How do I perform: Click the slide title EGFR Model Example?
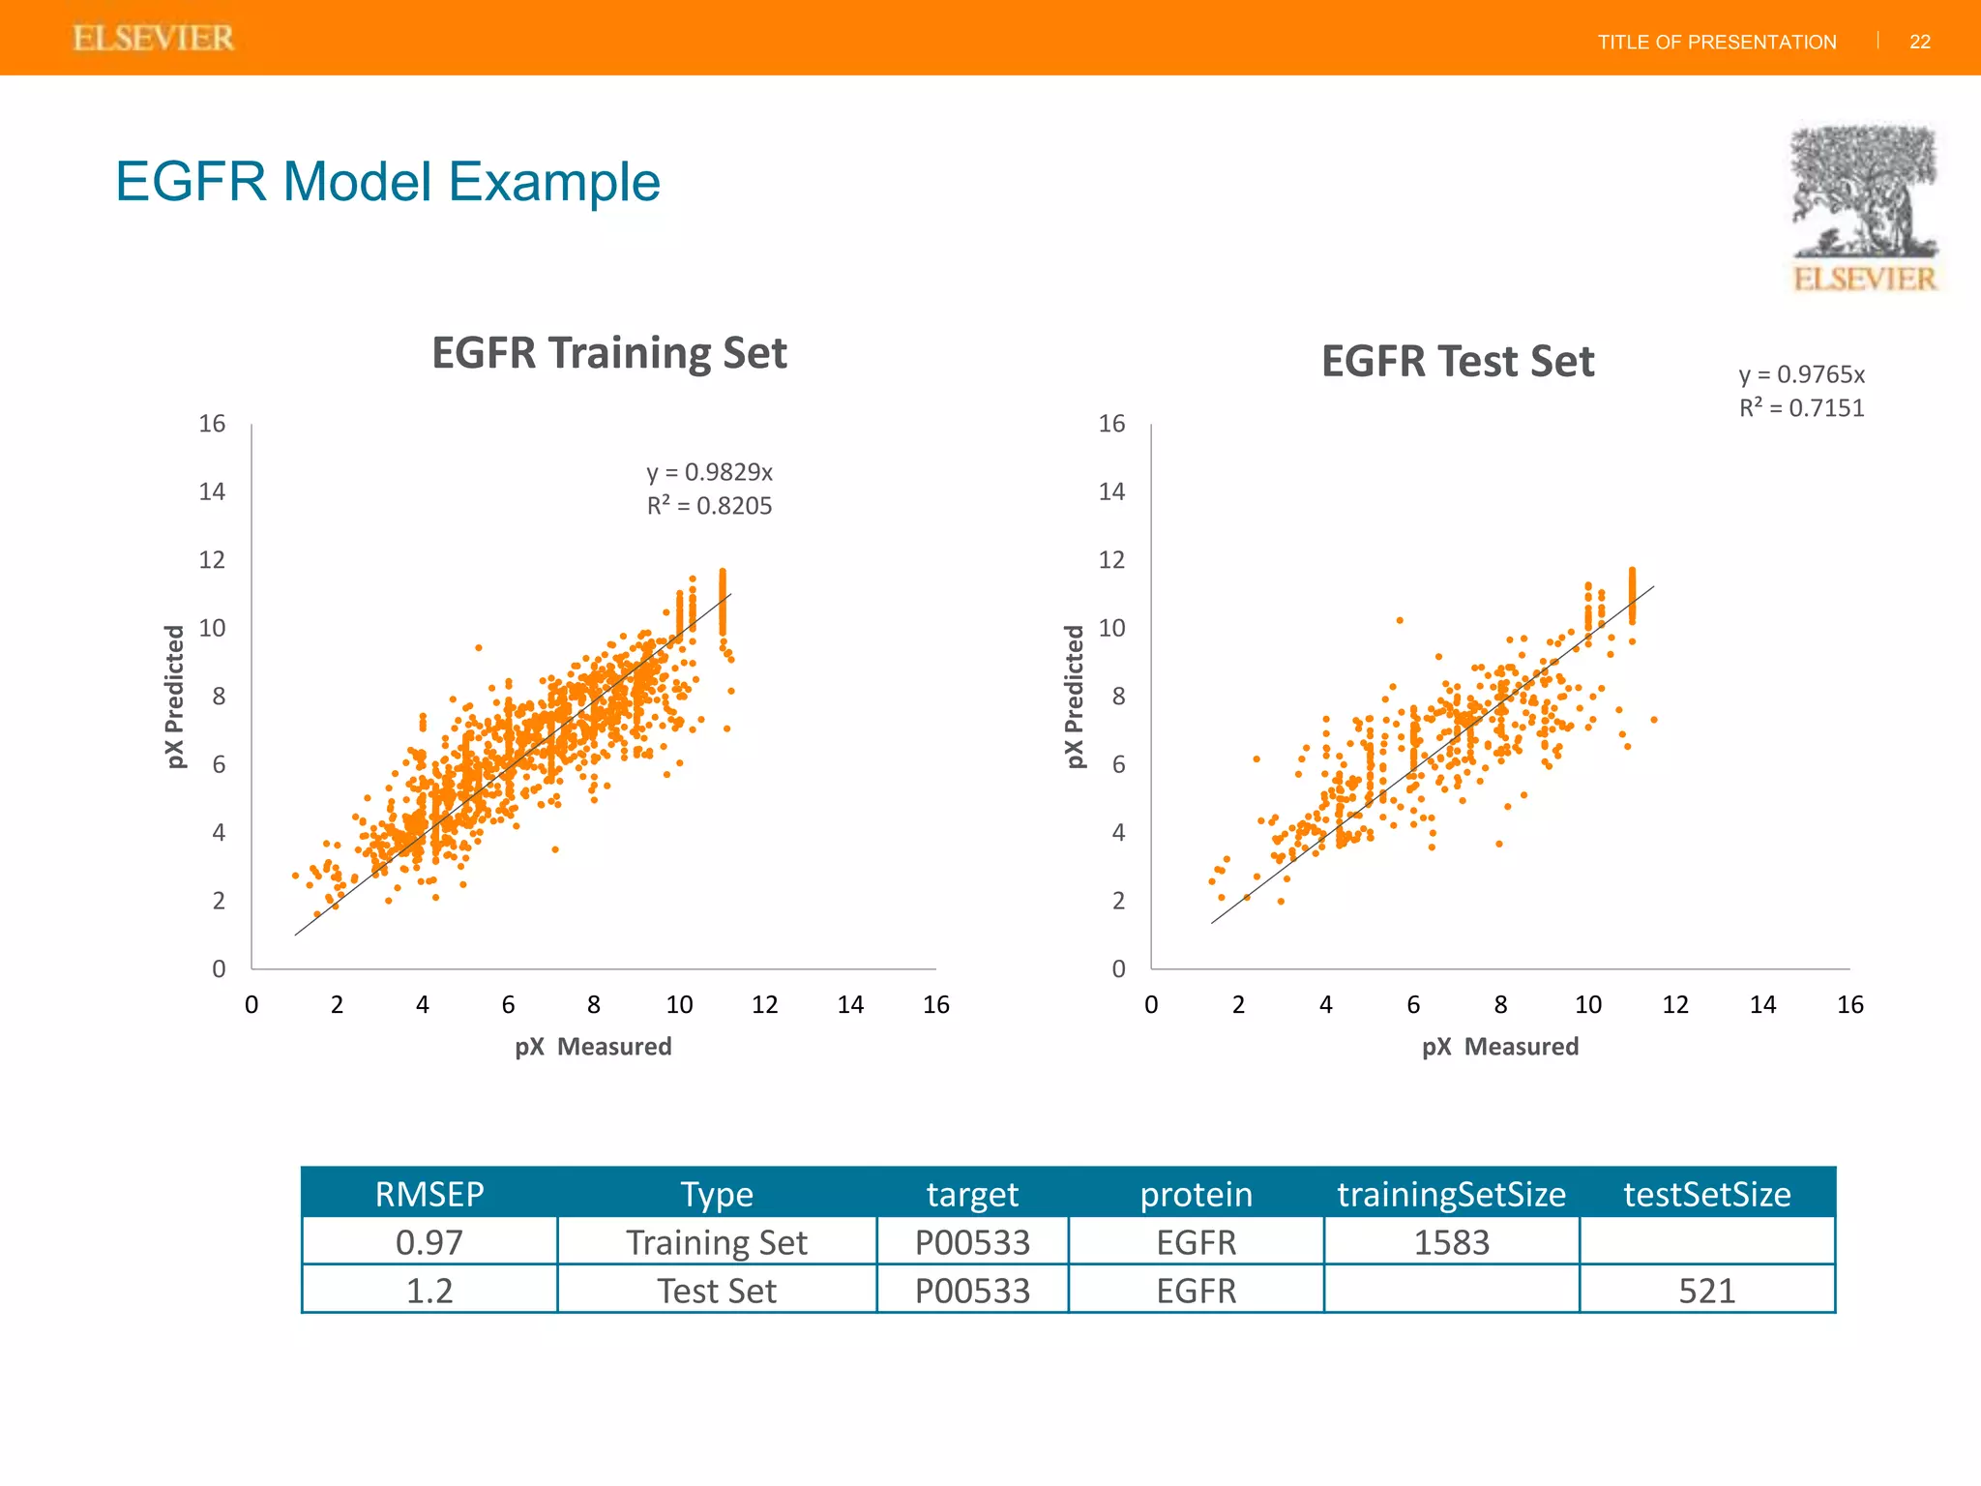click(387, 182)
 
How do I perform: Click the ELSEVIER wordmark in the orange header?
click(153, 38)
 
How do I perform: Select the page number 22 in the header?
click(1919, 42)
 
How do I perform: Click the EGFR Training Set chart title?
click(608, 352)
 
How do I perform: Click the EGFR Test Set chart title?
click(1457, 362)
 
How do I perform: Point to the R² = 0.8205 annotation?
click(709, 506)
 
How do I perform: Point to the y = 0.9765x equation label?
click(1800, 374)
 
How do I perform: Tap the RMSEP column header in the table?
click(429, 1194)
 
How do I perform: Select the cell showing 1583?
click(1451, 1242)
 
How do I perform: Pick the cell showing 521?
click(1706, 1291)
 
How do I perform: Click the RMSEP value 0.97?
click(429, 1242)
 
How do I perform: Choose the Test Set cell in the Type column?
click(716, 1291)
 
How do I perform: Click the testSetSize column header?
click(1706, 1194)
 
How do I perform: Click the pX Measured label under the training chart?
click(592, 1046)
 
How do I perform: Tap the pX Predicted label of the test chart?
click(1074, 697)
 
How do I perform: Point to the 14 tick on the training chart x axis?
click(850, 1005)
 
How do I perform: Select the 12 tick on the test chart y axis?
click(1111, 560)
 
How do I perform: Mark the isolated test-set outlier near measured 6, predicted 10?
click(1399, 620)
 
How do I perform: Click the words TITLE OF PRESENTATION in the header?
click(1716, 42)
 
